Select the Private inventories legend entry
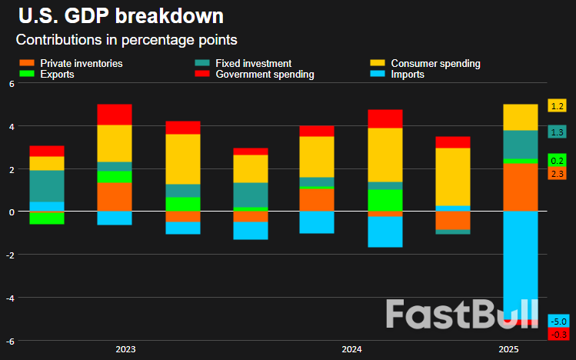tap(81, 63)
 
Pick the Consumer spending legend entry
tap(435, 63)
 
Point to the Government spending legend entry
tap(265, 75)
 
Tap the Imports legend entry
tap(408, 75)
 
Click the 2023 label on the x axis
tap(125, 350)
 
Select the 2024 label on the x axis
tap(351, 350)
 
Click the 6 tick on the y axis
tap(12, 83)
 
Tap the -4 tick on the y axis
tap(10, 298)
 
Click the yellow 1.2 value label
tap(558, 105)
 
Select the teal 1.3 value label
tap(558, 132)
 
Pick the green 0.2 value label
tap(558, 160)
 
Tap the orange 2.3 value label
tap(558, 174)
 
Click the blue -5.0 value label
tap(558, 321)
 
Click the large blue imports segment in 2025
tap(520, 262)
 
